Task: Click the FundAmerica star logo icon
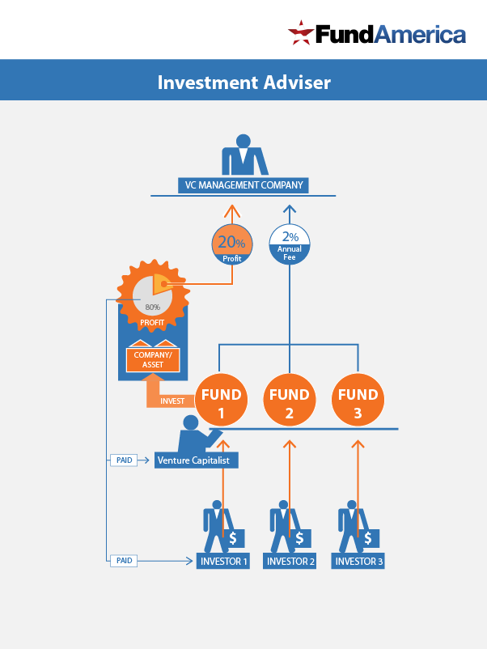click(301, 33)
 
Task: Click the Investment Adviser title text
click(243, 82)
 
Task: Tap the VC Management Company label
click(243, 185)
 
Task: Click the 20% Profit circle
click(231, 246)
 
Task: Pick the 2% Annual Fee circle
click(290, 244)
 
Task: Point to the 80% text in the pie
click(152, 308)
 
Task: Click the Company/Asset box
click(153, 360)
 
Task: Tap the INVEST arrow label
click(172, 401)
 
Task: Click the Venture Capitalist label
click(196, 460)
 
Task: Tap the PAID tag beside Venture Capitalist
click(124, 460)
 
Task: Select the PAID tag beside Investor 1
click(124, 560)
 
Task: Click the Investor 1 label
click(222, 561)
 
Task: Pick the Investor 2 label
click(290, 561)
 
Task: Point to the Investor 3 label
click(358, 561)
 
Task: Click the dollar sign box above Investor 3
click(370, 538)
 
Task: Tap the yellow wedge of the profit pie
click(160, 283)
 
